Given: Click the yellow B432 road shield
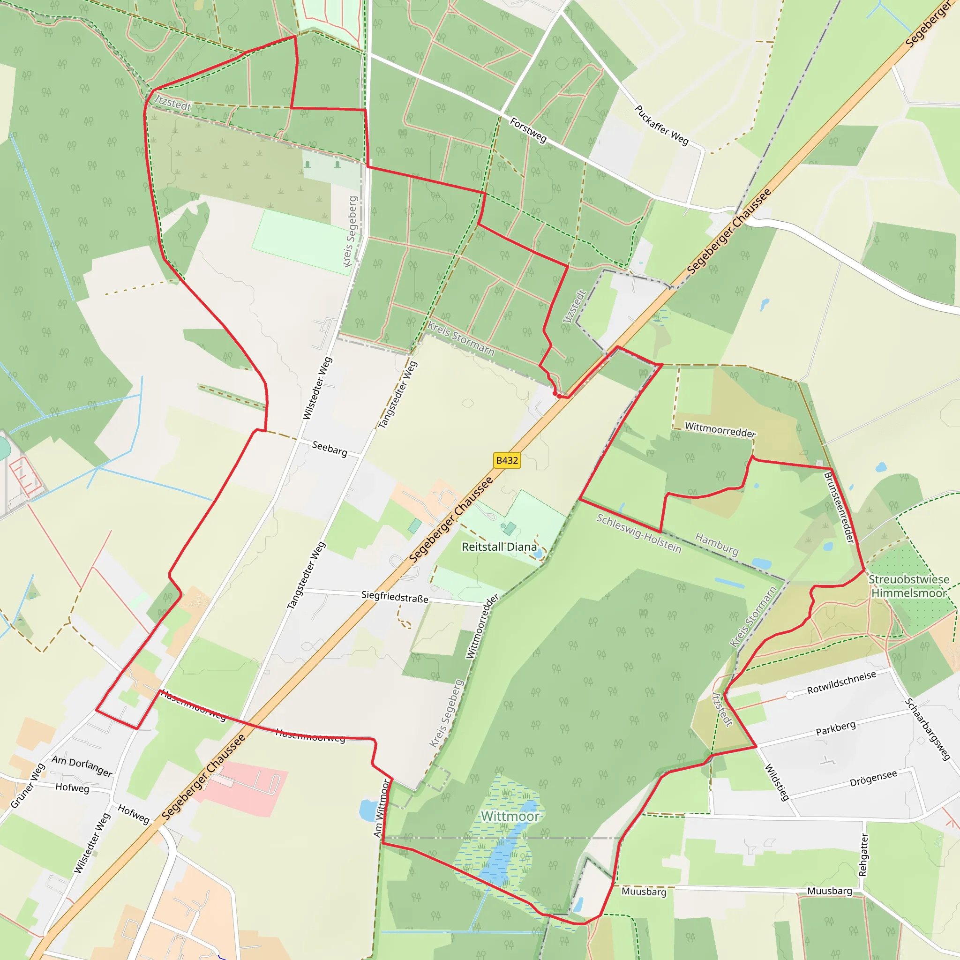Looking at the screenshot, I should pyautogui.click(x=507, y=460).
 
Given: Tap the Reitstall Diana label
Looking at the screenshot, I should pyautogui.click(x=499, y=547).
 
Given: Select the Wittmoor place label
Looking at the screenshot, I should pyautogui.click(x=510, y=817).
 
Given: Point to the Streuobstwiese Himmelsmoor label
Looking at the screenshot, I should pyautogui.click(x=909, y=586).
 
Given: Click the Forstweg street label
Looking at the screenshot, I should pyautogui.click(x=528, y=130).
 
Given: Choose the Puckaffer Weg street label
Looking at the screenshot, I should pyautogui.click(x=661, y=125).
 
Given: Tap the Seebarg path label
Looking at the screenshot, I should pyautogui.click(x=330, y=448).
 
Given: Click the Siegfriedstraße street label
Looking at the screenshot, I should pyautogui.click(x=395, y=596).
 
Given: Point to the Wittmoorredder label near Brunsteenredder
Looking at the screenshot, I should pyautogui.click(x=720, y=429).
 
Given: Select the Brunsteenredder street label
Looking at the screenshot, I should pyautogui.click(x=839, y=507).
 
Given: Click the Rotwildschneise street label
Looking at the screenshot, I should pyautogui.click(x=841, y=682).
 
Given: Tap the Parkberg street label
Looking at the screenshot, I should pyautogui.click(x=836, y=728).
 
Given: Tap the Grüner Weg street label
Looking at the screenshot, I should pyautogui.click(x=28, y=786).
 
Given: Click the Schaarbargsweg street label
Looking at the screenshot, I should pyautogui.click(x=927, y=729).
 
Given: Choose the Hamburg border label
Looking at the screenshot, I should pyautogui.click(x=717, y=544).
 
